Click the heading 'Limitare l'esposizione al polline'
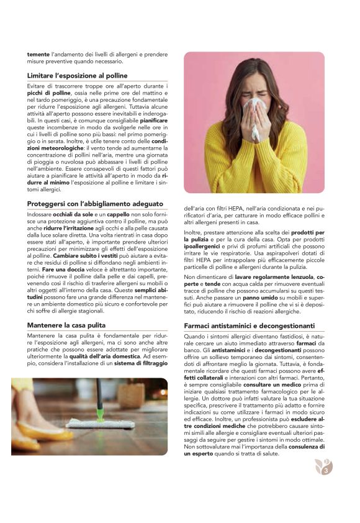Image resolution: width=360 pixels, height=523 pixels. pyautogui.click(x=78, y=75)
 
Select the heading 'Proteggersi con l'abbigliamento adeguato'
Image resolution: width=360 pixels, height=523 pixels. pyautogui.click(x=95, y=204)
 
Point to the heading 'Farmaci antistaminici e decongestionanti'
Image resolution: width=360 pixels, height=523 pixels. pyautogui.click(x=250, y=325)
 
